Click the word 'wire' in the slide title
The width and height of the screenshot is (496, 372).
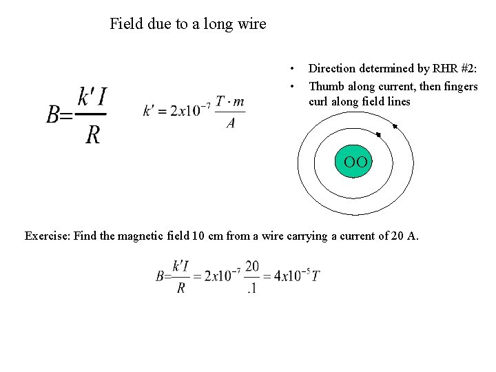point(249,24)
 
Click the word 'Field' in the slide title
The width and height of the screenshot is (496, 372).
point(126,24)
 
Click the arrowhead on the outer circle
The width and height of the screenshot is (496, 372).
point(395,126)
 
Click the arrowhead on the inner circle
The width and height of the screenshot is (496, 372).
point(378,134)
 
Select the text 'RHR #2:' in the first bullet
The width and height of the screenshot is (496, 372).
point(455,68)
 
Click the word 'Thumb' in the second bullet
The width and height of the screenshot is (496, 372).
point(326,86)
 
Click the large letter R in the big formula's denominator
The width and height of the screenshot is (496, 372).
point(93,134)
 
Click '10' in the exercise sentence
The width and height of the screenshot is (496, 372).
point(198,236)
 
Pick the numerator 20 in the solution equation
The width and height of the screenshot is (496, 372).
point(251,266)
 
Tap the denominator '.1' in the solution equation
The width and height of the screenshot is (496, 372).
point(251,288)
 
